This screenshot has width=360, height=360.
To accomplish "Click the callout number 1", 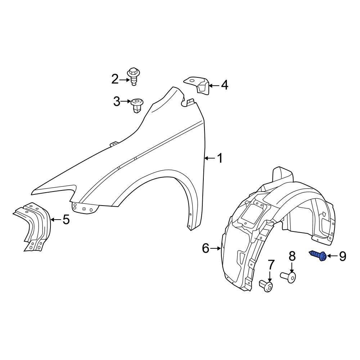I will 220,158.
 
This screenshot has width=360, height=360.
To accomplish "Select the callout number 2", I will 115,79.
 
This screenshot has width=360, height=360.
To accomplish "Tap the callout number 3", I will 117,102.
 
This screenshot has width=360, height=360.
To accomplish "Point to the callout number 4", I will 224,85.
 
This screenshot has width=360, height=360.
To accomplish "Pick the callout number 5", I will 66,219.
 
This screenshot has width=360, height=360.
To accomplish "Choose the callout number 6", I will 206,248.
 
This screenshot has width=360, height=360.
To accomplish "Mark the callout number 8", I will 292,256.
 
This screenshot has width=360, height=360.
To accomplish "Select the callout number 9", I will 342,256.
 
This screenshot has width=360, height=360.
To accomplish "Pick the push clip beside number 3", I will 136,105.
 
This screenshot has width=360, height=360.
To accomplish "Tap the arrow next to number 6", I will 216,248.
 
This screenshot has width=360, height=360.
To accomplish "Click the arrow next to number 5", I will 56,219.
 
